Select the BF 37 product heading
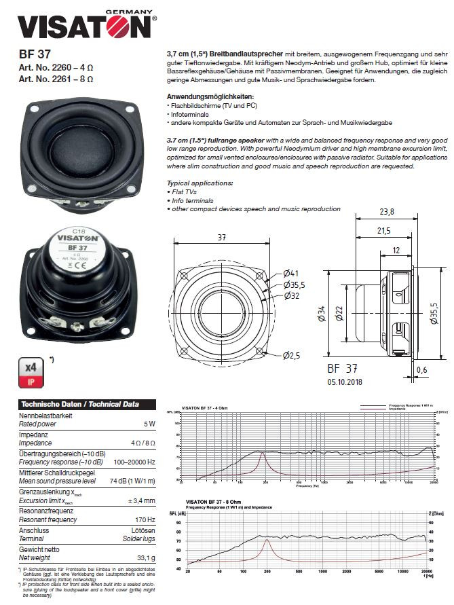[35, 54]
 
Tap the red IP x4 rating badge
[31, 372]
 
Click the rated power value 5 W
[149, 424]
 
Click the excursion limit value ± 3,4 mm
[143, 501]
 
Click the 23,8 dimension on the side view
[387, 213]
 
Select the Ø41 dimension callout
[291, 276]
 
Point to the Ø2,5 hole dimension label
[292, 354]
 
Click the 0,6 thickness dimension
[422, 369]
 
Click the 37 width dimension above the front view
[221, 238]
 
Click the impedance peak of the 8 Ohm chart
[267, 540]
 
